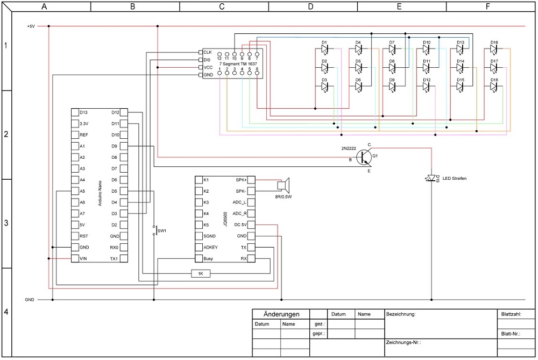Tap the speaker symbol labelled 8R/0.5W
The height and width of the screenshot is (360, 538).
tap(282, 185)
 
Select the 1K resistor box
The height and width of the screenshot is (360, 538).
tap(201, 274)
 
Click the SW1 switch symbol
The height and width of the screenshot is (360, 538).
tap(154, 230)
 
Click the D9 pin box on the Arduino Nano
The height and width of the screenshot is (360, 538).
tap(124, 146)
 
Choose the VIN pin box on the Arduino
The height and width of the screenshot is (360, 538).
tap(75, 259)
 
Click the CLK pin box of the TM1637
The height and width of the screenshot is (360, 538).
tap(201, 52)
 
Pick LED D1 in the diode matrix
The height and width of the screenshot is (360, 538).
tap(324, 48)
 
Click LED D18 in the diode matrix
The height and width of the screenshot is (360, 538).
tap(494, 86)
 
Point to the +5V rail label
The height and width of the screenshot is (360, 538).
tap(31, 26)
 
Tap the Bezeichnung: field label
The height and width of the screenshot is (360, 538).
tap(401, 313)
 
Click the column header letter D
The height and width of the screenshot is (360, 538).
tap(310, 6)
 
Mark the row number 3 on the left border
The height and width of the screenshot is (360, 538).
tap(6, 223)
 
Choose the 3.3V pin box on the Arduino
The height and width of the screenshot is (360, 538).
tap(75, 123)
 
